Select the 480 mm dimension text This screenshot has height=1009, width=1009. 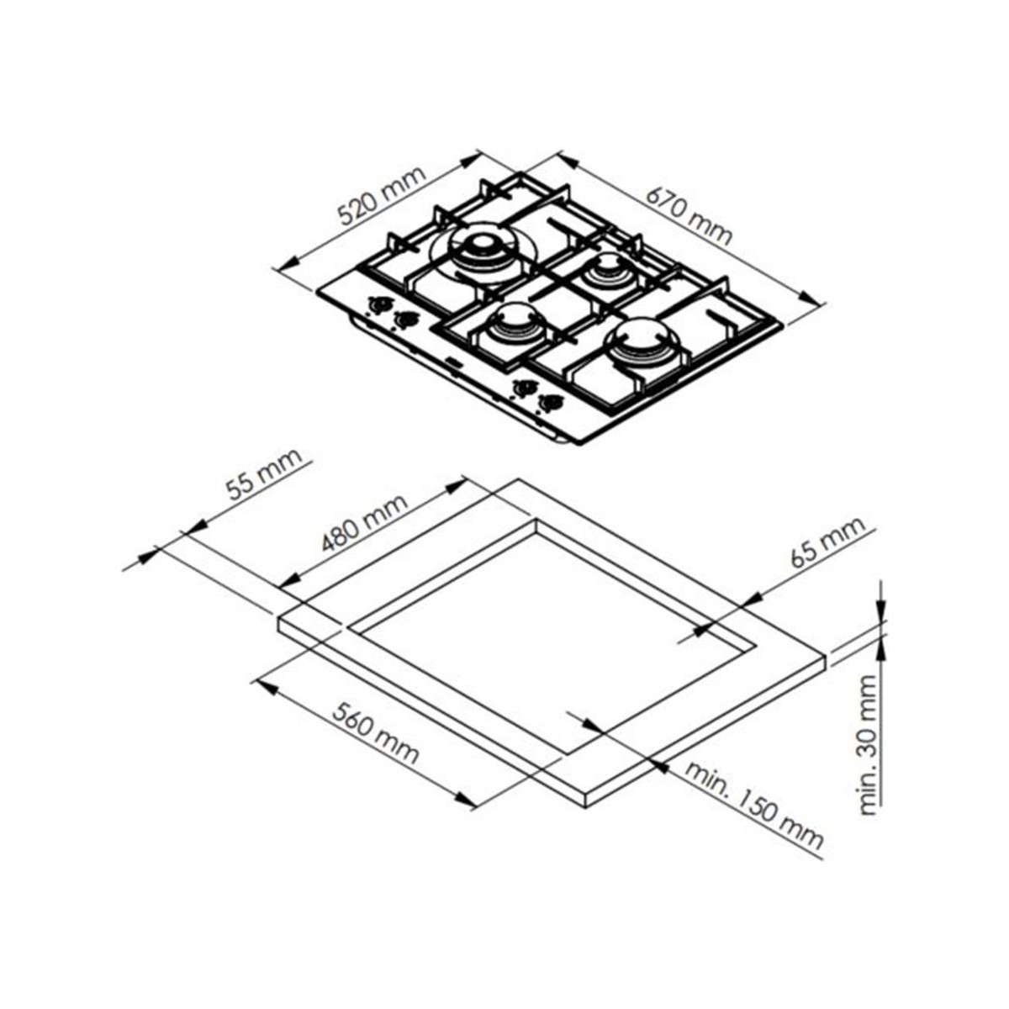(x=364, y=522)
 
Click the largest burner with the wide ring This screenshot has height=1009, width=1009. (x=480, y=254)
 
